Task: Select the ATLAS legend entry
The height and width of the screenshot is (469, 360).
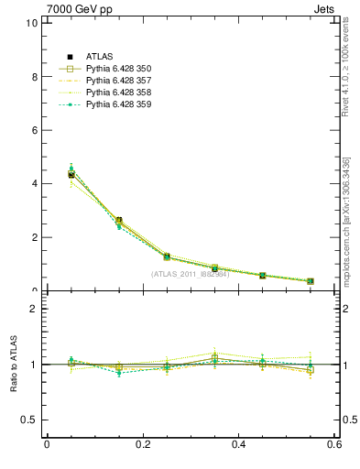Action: click(x=100, y=57)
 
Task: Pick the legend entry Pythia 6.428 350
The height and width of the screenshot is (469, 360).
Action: click(x=118, y=69)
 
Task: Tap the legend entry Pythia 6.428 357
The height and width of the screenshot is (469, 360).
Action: click(x=118, y=81)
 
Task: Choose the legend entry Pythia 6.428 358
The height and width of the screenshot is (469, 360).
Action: click(x=118, y=93)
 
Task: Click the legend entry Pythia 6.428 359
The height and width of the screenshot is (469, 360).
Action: click(x=118, y=104)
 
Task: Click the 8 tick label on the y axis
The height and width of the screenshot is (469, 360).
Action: click(x=34, y=77)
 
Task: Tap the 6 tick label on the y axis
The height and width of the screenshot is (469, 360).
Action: click(x=34, y=130)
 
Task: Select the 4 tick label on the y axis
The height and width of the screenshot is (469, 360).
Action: click(x=34, y=183)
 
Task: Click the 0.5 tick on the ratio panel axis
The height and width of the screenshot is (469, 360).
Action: click(x=29, y=420)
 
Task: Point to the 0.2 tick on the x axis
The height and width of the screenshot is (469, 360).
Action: click(x=142, y=445)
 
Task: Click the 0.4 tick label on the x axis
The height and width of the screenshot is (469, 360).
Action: click(x=238, y=445)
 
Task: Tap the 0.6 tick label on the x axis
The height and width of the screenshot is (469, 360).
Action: click(x=334, y=445)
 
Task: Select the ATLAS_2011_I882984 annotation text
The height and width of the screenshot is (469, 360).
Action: click(x=190, y=274)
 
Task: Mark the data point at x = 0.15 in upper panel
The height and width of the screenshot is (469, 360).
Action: click(x=119, y=221)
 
